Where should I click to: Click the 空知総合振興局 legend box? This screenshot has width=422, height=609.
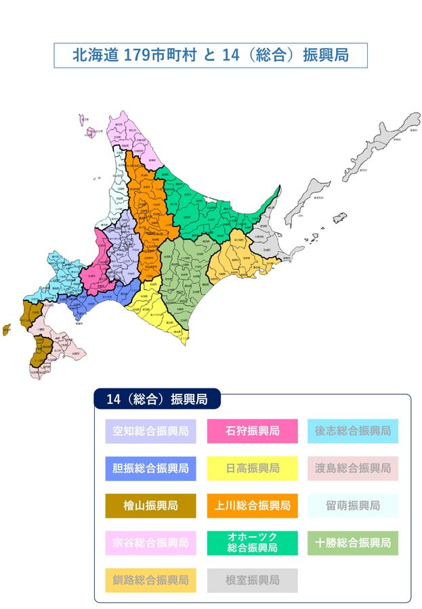click(150, 431)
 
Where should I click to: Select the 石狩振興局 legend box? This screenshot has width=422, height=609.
click(252, 431)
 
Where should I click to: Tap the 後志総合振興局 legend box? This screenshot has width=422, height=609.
click(352, 431)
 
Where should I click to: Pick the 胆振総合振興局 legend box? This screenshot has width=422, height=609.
click(150, 468)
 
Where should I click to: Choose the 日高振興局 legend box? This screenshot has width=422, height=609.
click(252, 468)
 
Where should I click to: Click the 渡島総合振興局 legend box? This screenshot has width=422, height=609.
click(352, 468)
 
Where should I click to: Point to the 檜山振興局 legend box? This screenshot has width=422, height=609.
click(150, 505)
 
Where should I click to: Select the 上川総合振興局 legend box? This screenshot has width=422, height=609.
click(252, 505)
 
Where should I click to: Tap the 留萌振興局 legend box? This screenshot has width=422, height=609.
click(352, 505)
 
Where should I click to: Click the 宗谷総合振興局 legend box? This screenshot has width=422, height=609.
click(150, 543)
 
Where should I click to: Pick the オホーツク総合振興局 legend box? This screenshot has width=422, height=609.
click(252, 543)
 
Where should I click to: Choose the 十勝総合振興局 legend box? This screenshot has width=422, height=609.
click(352, 543)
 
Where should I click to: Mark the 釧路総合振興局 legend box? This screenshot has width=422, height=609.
click(150, 580)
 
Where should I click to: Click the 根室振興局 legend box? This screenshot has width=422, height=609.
click(252, 580)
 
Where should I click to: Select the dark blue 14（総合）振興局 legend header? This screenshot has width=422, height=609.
click(156, 399)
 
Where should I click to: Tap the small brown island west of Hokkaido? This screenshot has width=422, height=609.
click(7, 330)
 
